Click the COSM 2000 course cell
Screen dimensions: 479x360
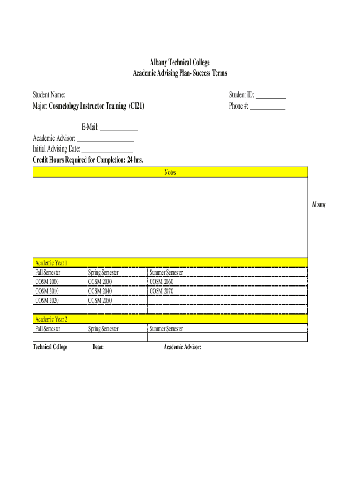[x=47, y=282]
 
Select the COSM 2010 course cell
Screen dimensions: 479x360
[x=47, y=291]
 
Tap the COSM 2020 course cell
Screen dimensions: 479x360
[x=47, y=300]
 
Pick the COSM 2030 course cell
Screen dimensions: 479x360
[x=100, y=282]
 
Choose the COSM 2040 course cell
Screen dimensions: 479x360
[x=100, y=291]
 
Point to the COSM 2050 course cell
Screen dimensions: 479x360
[x=100, y=300]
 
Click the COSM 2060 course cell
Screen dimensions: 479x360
[x=161, y=282]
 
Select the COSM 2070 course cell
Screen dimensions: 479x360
[x=161, y=291]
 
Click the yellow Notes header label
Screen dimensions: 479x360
[x=170, y=173]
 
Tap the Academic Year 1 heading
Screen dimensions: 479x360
[x=51, y=263]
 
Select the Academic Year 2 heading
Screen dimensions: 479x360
[x=51, y=319]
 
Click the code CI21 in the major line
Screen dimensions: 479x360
[x=137, y=106]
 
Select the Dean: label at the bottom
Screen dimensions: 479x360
[x=98, y=347]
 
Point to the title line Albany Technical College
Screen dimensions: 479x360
[x=180, y=63]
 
